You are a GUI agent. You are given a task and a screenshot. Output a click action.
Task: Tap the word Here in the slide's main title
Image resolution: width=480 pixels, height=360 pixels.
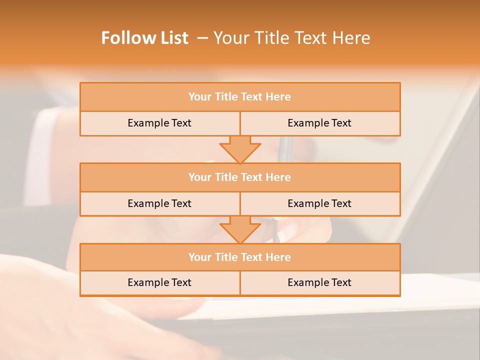352,38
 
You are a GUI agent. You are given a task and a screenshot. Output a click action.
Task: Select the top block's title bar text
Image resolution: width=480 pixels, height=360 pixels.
239,97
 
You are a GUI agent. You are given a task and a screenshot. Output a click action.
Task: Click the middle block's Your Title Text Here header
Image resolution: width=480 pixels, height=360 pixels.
239,177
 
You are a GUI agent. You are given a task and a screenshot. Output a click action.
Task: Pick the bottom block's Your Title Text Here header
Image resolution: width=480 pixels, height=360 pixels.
239,257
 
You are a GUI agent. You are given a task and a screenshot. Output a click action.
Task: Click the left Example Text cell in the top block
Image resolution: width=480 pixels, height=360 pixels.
159,123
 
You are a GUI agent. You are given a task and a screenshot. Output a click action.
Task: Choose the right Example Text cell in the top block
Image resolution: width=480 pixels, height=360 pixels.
319,123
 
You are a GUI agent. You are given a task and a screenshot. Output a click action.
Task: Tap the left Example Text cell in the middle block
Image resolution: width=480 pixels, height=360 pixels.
159,203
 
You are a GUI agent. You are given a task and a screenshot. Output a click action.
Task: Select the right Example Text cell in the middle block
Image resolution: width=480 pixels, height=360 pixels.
319,203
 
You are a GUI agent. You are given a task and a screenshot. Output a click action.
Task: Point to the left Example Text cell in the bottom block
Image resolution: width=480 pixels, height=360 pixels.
159,282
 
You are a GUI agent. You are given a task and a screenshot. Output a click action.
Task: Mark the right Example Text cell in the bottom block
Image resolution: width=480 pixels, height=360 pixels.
319,282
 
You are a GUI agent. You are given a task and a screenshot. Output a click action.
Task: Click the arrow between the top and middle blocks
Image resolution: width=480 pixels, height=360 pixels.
240,149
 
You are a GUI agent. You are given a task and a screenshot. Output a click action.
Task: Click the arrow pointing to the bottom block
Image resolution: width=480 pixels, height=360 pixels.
240,229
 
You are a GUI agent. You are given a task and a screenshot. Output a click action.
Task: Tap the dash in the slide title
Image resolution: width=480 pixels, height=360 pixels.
203,38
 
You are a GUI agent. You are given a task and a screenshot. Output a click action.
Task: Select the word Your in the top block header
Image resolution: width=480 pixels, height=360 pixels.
200,97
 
